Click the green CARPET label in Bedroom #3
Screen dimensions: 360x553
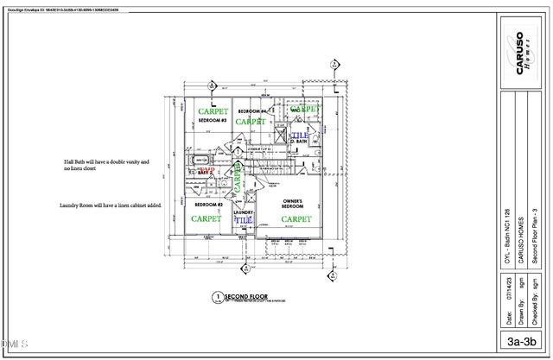(x=213, y=112)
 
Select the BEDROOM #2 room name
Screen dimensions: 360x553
(x=207, y=205)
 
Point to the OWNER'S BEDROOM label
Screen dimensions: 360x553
(x=296, y=205)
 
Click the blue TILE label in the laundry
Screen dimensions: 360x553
(x=244, y=221)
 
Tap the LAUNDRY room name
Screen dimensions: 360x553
(x=244, y=212)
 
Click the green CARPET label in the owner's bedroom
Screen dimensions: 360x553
(x=296, y=219)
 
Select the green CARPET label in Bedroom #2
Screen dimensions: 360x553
(x=206, y=219)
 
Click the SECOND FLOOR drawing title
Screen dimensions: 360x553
(x=246, y=296)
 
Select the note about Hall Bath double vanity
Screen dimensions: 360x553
(x=106, y=166)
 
